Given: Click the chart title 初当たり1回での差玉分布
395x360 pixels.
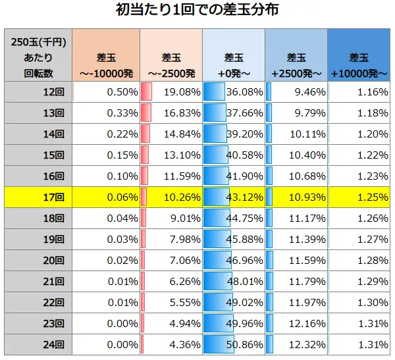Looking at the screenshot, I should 197,11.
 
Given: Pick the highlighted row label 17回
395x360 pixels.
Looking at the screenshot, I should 52,196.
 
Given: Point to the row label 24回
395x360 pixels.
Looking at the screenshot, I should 52,344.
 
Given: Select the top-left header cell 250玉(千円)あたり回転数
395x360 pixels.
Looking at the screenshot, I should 38,55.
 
